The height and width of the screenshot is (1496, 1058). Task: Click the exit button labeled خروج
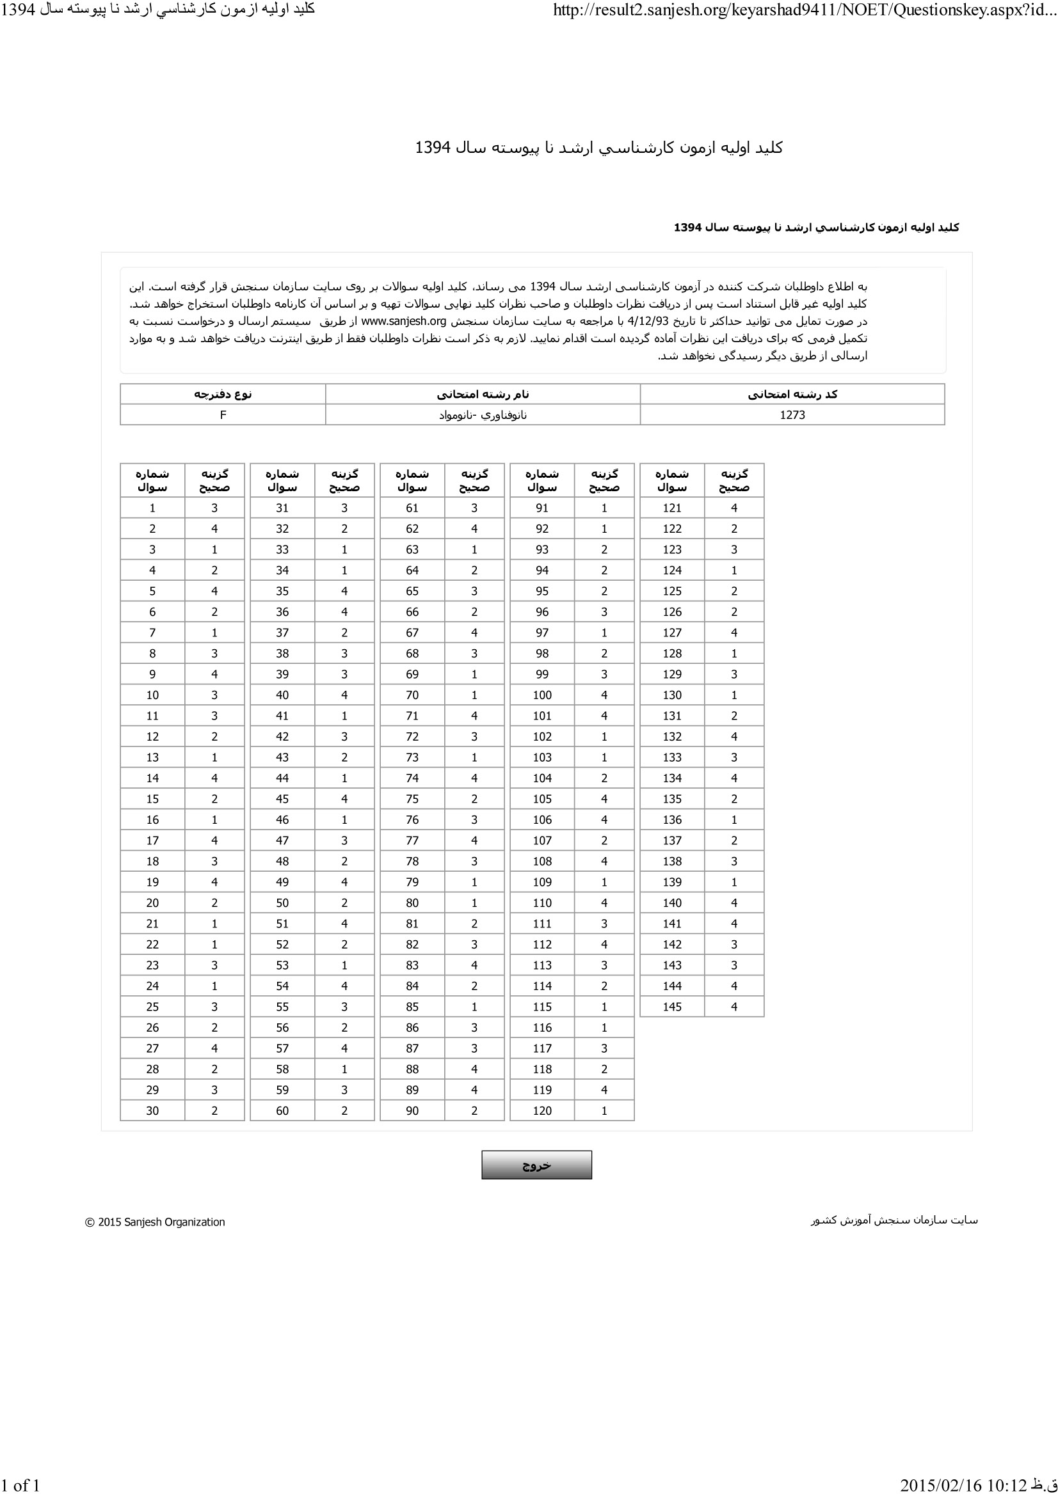(536, 1164)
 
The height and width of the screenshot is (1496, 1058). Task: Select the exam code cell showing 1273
(792, 415)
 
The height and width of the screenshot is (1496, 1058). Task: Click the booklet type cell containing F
(223, 415)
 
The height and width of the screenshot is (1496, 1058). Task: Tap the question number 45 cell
(282, 799)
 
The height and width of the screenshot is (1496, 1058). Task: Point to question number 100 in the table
(541, 695)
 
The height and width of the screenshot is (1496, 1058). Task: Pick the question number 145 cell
(671, 1007)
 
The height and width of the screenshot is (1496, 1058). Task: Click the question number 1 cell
(152, 508)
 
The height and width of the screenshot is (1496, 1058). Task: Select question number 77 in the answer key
(412, 840)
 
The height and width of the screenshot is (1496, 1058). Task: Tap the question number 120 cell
(541, 1110)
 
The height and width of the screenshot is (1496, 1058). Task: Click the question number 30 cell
(152, 1110)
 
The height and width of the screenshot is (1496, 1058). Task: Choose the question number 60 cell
(282, 1110)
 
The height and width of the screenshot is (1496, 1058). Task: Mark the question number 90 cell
(412, 1110)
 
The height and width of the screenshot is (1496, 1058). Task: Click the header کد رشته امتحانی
(792, 394)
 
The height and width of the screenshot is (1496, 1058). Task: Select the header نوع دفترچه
(223, 394)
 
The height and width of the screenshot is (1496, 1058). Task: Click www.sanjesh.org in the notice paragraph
(403, 321)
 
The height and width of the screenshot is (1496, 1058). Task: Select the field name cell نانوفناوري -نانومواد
(483, 415)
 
